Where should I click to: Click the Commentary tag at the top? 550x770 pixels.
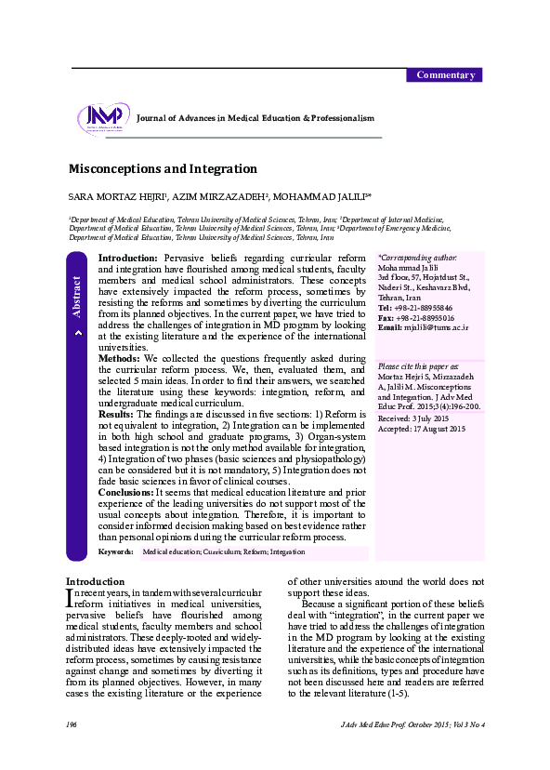pos(446,75)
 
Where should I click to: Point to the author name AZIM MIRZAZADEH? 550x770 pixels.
pos(223,198)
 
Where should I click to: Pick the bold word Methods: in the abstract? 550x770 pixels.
pos(119,358)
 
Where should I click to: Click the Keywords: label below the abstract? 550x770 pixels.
pos(115,551)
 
